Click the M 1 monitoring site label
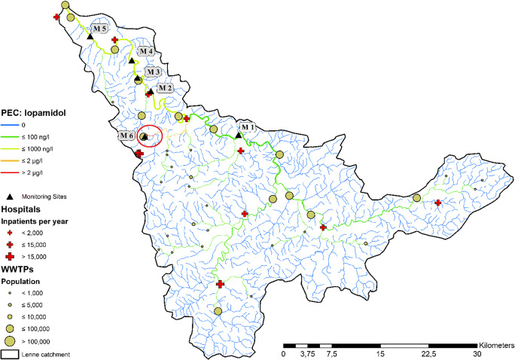pos(248,127)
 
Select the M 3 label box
pos(153,71)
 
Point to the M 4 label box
pos(146,51)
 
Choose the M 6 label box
pos(127,136)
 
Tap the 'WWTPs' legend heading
pos(20,269)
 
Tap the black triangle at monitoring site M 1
pos(238,134)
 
